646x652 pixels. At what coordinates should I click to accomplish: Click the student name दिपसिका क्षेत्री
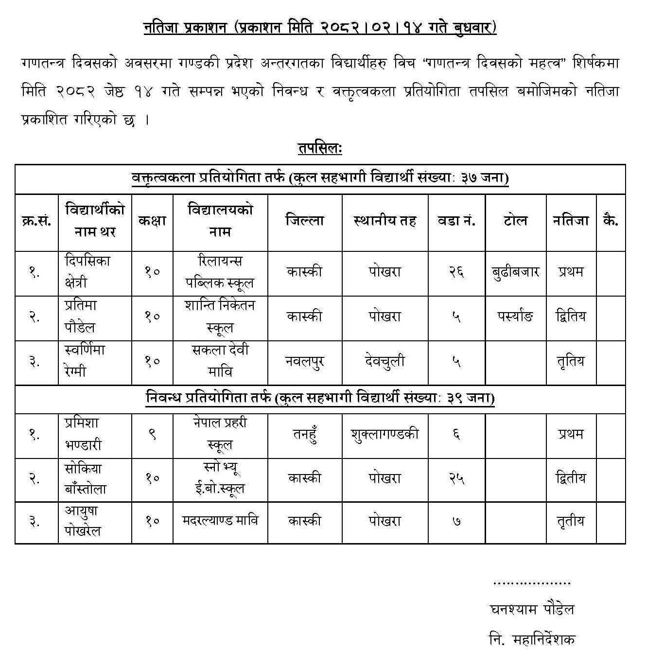coord(87,272)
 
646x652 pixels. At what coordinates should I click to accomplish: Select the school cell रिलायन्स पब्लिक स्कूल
coord(220,272)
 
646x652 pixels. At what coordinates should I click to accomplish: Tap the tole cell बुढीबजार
coord(515,271)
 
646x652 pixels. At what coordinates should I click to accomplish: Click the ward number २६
coord(456,271)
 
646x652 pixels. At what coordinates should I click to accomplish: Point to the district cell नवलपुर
coord(304,362)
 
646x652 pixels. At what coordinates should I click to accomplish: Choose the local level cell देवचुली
coord(384,362)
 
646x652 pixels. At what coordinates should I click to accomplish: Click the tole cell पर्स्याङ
coord(515,317)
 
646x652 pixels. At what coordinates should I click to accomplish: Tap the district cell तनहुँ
coord(304,434)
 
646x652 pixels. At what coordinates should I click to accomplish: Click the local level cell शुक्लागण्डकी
coord(384,434)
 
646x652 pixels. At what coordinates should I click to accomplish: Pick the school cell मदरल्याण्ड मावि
coord(220,521)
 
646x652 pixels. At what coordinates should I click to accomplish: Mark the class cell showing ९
coord(152,434)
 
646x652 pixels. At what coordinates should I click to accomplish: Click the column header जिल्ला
coord(304,221)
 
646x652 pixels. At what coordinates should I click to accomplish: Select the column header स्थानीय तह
coord(384,221)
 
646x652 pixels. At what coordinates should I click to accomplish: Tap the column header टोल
coord(515,221)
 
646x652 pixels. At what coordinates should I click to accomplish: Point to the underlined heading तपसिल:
coord(320,148)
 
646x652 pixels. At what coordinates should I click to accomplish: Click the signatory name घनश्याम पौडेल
coord(532,609)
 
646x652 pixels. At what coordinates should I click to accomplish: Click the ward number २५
coord(456,478)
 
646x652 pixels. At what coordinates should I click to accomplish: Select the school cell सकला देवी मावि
coord(220,361)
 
